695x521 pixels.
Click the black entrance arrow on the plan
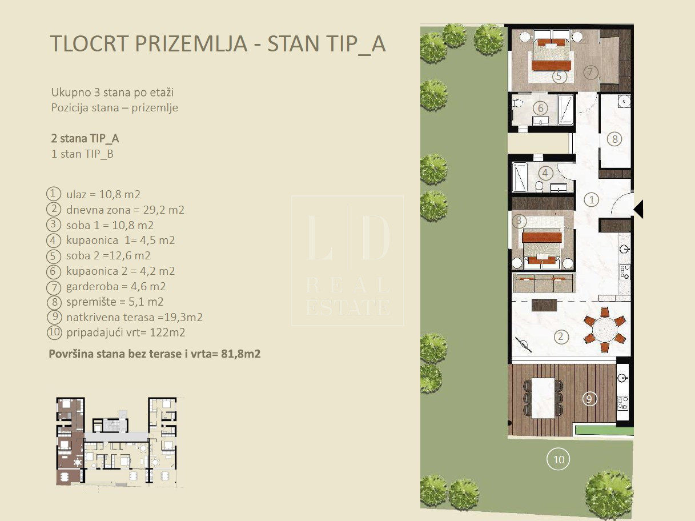coord(640,209)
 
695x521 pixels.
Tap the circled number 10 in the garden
coord(558,459)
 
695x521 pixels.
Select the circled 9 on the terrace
coord(589,398)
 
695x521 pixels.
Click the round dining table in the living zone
coord(605,330)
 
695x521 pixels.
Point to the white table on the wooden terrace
coord(543,398)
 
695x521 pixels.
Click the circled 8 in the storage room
coord(614,139)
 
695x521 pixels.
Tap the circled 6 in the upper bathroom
coord(540,108)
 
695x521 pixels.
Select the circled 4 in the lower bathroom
coord(545,173)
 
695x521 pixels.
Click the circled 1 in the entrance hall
coord(591,200)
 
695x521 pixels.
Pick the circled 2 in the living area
coord(561,336)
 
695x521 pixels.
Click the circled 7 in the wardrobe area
coord(590,73)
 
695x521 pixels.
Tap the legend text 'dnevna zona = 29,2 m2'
coord(125,210)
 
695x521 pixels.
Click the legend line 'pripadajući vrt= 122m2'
coord(126,332)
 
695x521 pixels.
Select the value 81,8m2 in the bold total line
coord(240,354)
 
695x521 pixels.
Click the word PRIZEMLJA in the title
coord(191,43)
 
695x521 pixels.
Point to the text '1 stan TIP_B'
coord(82,154)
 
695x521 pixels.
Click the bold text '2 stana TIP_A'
coord(85,138)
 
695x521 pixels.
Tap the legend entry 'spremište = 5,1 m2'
coord(115,302)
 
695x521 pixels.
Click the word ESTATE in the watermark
coord(348,307)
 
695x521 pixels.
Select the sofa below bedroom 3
coord(544,283)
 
